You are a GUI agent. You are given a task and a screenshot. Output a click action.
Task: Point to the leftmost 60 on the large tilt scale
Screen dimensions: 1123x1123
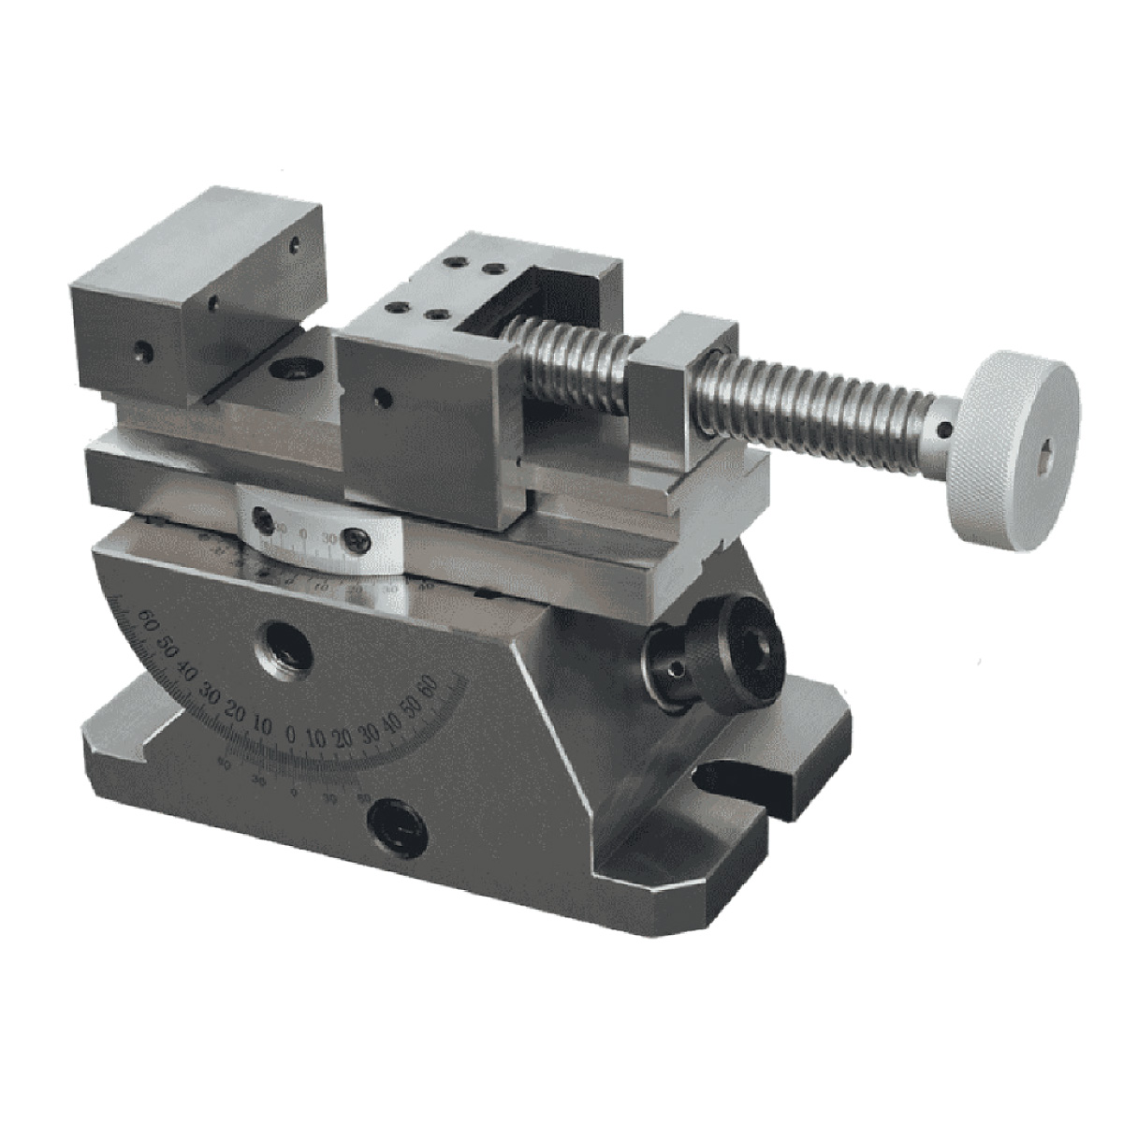click(146, 618)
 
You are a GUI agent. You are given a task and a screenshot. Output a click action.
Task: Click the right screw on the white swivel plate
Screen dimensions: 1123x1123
click(357, 540)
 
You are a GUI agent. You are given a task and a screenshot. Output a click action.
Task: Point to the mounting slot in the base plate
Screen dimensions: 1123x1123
click(739, 777)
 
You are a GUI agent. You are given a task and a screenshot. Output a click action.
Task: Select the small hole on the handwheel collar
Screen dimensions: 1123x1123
click(945, 430)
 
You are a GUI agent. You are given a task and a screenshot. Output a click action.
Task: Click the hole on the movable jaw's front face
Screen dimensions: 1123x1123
click(381, 397)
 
